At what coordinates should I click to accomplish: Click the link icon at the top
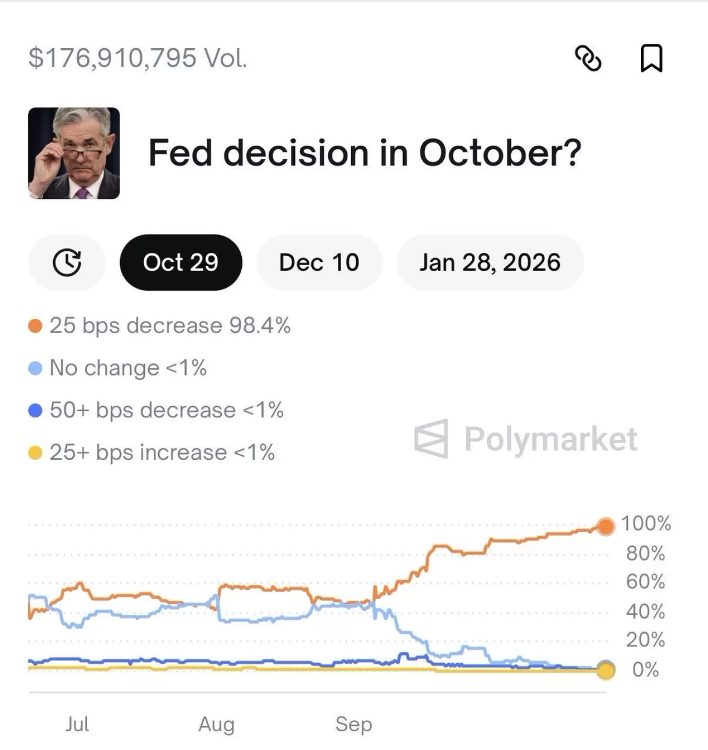[x=588, y=58]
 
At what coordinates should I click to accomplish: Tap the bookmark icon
[x=651, y=58]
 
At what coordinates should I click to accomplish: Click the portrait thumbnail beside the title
[x=74, y=153]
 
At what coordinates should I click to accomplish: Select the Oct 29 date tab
[x=181, y=262]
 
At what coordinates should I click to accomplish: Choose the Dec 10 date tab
[x=319, y=262]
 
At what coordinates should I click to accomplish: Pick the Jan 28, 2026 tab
[x=490, y=262]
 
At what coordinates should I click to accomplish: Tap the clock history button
[x=67, y=262]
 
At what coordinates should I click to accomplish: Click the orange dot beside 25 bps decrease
[x=35, y=326]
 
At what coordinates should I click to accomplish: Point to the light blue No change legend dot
[x=35, y=368]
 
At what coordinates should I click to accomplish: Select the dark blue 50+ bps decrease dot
[x=35, y=410]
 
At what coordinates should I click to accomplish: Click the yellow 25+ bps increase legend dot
[x=35, y=453]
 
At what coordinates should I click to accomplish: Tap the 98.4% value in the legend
[x=260, y=325]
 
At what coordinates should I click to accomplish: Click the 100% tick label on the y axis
[x=645, y=523]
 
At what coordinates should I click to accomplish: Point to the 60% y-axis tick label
[x=645, y=582]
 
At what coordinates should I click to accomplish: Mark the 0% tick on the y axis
[x=645, y=670]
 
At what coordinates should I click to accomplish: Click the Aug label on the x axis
[x=216, y=724]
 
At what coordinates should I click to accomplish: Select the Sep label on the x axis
[x=353, y=724]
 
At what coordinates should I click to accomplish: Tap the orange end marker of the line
[x=606, y=526]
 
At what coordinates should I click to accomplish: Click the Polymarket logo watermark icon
[x=431, y=439]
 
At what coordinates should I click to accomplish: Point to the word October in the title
[x=500, y=153]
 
